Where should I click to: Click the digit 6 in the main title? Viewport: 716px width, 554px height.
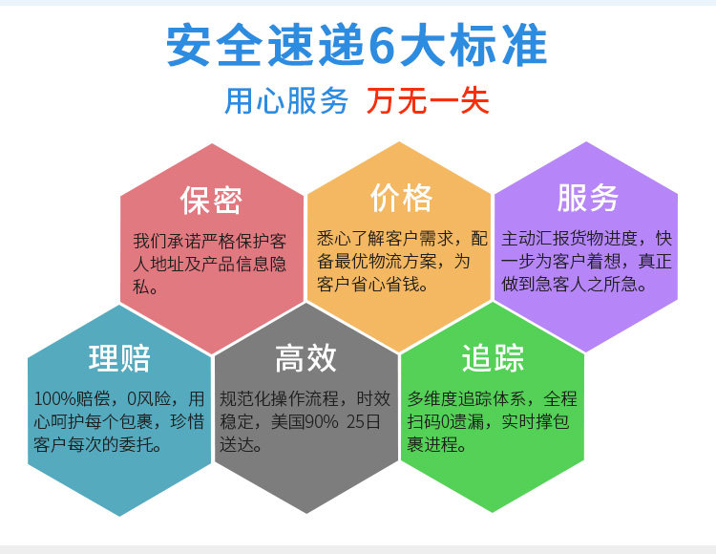tap(380, 45)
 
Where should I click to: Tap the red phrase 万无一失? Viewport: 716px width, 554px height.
tap(428, 100)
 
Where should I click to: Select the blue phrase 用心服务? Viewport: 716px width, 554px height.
tap(286, 100)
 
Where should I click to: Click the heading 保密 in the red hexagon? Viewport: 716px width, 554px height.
tap(211, 200)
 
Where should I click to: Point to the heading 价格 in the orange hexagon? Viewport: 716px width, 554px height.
tap(401, 198)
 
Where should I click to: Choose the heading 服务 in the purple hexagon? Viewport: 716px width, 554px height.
tap(588, 198)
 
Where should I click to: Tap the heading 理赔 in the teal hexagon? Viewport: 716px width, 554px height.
tap(119, 358)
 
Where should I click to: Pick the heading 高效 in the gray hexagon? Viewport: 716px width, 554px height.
tap(305, 358)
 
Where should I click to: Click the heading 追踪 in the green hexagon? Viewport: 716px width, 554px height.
tap(493, 358)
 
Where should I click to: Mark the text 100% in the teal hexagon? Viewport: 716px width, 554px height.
tap(54, 398)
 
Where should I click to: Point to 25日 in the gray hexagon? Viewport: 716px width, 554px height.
tap(364, 421)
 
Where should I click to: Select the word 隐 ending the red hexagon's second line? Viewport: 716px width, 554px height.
tap(278, 264)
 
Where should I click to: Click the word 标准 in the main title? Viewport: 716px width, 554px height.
tap(498, 45)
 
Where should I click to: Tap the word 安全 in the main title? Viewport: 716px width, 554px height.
tap(215, 45)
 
